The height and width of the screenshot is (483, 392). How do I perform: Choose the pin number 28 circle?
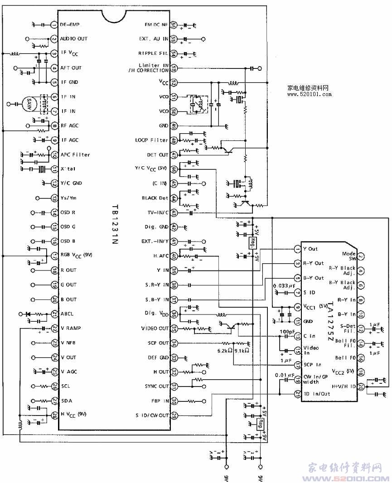(54, 415)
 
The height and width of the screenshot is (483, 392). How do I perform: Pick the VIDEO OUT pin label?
(155, 328)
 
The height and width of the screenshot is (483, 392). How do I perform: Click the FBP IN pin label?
(159, 401)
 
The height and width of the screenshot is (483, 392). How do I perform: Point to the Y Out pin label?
(310, 249)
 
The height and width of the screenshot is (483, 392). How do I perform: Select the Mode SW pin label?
(348, 256)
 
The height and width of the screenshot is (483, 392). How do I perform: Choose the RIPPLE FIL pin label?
(154, 53)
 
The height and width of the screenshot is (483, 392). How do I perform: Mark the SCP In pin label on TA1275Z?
(311, 365)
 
